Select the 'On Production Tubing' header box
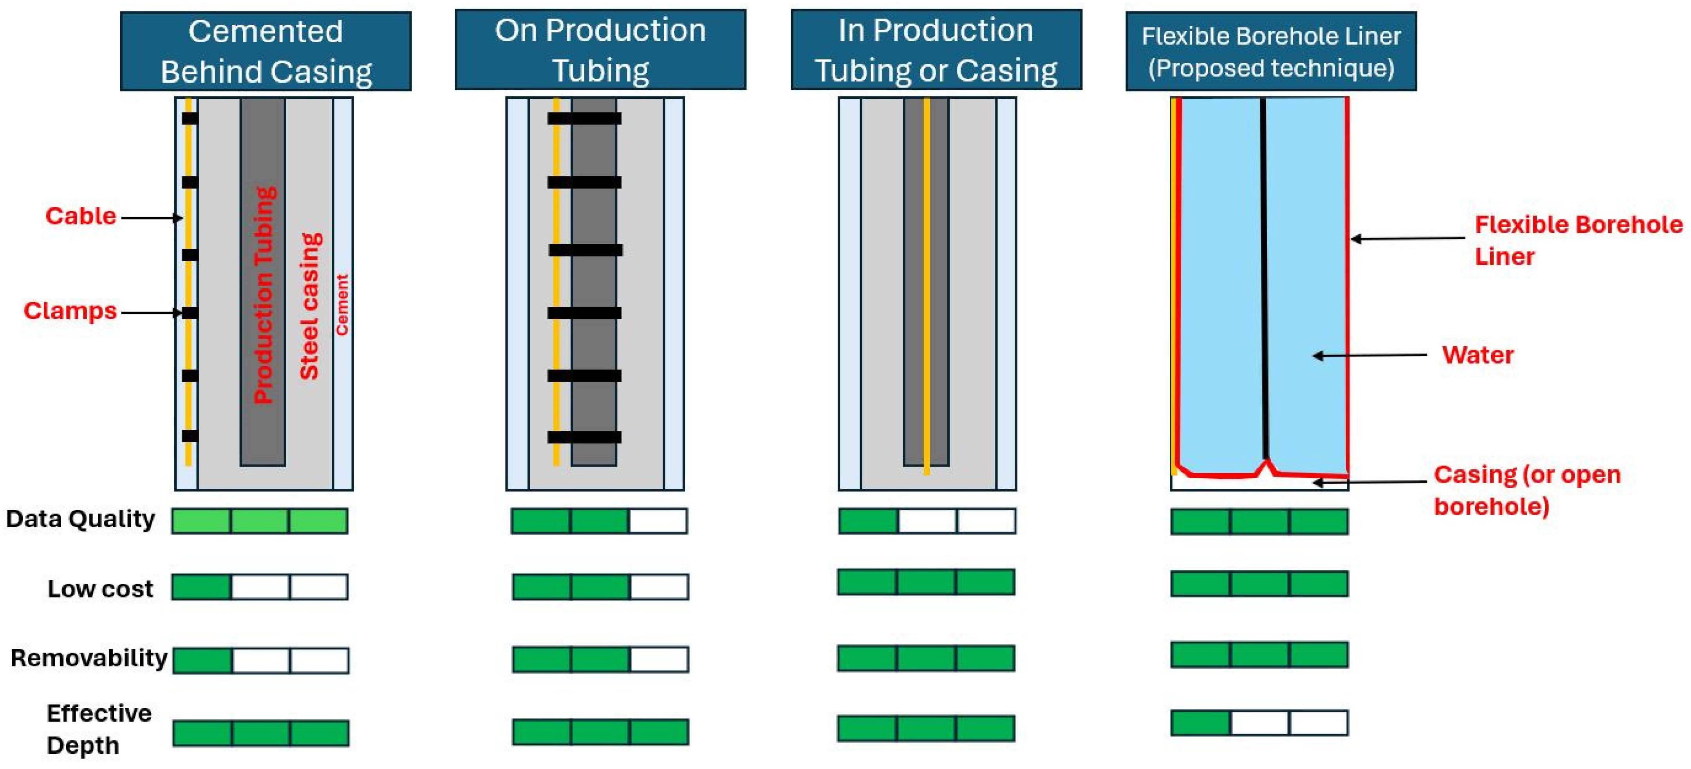coord(600,50)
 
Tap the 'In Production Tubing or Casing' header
coord(936,50)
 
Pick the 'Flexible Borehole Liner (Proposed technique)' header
coord(1271,51)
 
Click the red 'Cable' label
coord(80,216)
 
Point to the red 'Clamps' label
coord(70,311)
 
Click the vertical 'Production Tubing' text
coord(265,295)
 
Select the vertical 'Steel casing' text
coord(309,306)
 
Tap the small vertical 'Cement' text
coord(342,305)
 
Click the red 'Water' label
coord(1477,355)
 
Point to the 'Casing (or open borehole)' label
coord(1526,490)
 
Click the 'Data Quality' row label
coord(80,519)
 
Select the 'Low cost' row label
coord(100,588)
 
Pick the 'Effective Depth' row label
coord(98,729)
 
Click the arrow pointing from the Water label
coord(1369,355)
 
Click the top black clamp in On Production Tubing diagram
coord(584,119)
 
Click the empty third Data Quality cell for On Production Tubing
coord(658,521)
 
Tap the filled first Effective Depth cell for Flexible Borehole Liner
coord(1201,722)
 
